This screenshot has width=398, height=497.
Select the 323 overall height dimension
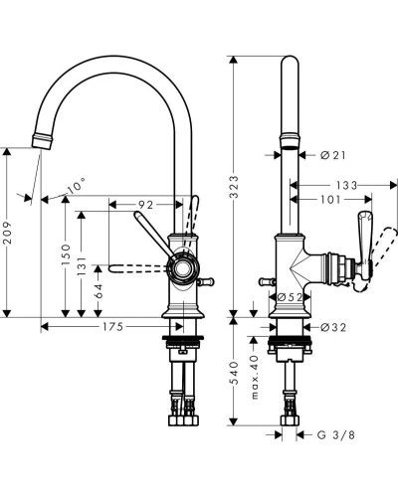click(234, 187)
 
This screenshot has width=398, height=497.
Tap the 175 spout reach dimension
click(112, 327)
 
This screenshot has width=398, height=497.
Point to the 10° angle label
click(77, 185)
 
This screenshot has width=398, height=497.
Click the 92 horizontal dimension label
click(145, 205)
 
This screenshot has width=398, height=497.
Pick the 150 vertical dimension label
click(67, 254)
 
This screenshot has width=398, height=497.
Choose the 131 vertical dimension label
click(82, 265)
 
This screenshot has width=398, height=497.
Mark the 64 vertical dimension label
click(99, 291)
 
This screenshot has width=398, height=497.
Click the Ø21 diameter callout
click(333, 155)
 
